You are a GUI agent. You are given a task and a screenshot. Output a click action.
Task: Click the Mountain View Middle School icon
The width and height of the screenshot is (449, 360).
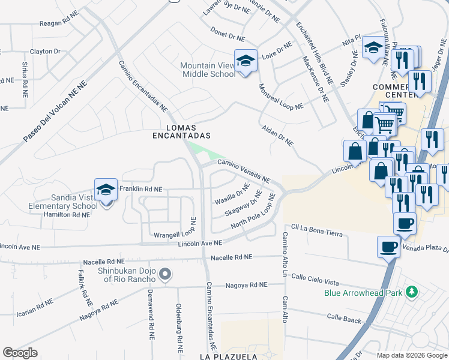point(245,61)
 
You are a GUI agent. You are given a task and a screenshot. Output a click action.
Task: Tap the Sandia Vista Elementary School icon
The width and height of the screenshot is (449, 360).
point(106,191)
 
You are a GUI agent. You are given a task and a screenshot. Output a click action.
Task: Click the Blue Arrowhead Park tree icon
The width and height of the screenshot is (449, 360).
point(412,292)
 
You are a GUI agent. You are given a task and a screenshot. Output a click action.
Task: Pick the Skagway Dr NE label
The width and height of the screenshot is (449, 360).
point(243,204)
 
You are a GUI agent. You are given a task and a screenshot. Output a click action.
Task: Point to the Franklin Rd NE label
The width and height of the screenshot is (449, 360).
point(140,189)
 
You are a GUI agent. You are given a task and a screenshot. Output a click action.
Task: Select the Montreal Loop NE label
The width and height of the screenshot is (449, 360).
point(280,96)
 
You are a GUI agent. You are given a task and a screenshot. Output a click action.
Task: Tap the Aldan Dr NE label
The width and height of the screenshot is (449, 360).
point(277,136)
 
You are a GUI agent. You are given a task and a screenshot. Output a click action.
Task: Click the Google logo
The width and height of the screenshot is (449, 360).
point(20,353)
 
